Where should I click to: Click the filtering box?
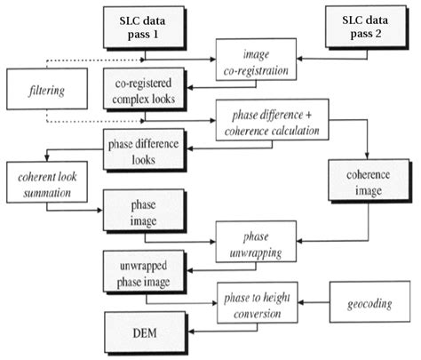(x=40, y=90)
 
